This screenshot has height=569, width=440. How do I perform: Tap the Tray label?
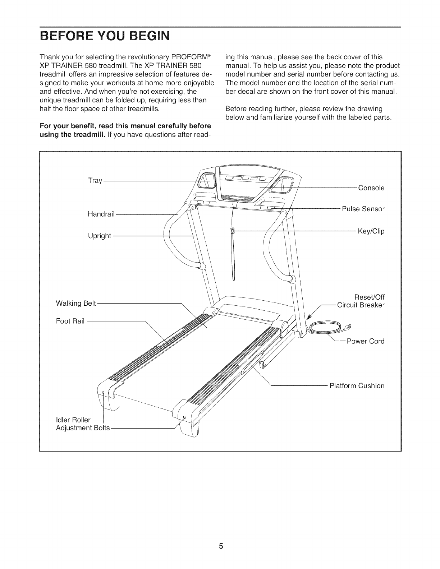click(x=95, y=181)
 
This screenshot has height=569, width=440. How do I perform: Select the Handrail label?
click(x=101, y=214)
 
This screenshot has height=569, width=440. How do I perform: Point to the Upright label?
click(x=100, y=236)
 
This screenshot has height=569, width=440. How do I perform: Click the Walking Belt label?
click(x=76, y=304)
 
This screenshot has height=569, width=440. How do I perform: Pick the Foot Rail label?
click(x=70, y=321)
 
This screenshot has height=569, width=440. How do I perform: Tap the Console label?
click(x=371, y=188)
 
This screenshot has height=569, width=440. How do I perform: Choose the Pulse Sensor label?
click(x=363, y=209)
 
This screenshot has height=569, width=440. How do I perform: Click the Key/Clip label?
click(x=371, y=231)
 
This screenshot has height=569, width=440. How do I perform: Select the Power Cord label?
click(x=365, y=341)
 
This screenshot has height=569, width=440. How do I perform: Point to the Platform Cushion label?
click(x=357, y=386)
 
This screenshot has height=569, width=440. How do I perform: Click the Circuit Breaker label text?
click(x=361, y=305)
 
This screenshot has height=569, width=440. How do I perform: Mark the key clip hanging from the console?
click(x=233, y=230)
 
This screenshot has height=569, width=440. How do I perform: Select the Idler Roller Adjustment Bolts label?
click(x=83, y=424)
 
